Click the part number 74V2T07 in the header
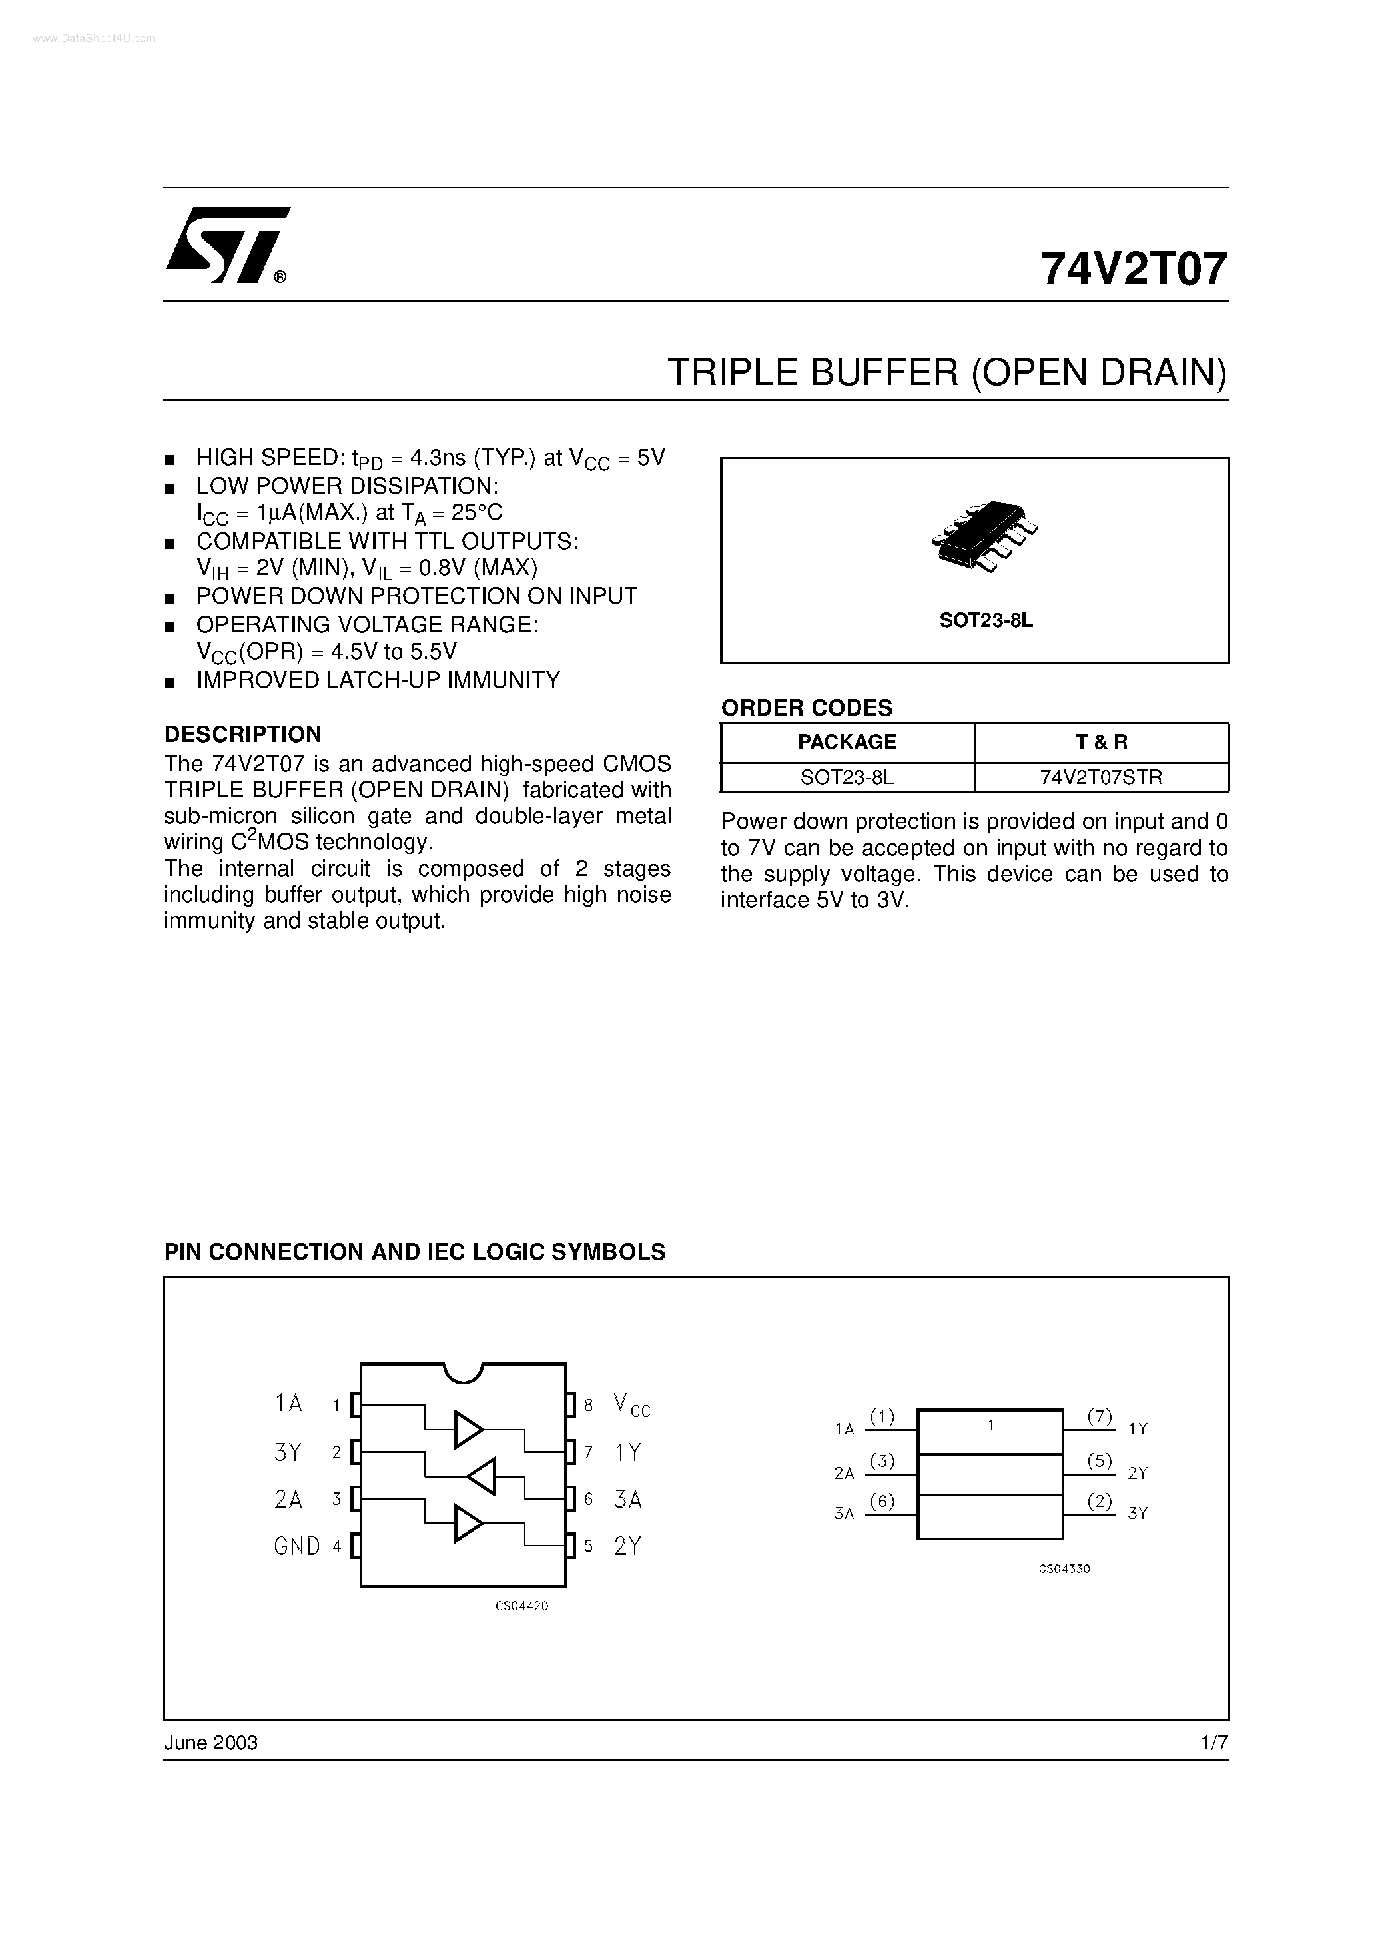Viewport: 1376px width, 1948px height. (x=1134, y=270)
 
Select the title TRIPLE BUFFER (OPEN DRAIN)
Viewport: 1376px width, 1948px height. (x=946, y=372)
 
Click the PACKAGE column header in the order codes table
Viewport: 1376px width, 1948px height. (x=847, y=742)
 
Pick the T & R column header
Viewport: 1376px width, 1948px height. (x=1101, y=742)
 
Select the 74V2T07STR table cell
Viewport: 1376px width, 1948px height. (x=1101, y=777)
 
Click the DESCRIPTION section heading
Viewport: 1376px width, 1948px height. (x=242, y=734)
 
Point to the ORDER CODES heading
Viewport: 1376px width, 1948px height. (x=806, y=708)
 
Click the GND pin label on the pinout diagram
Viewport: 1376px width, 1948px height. (x=297, y=1547)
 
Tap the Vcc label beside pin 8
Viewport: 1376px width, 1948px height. (x=631, y=1405)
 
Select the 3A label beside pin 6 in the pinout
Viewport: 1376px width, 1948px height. (x=628, y=1500)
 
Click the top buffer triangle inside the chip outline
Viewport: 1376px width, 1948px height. (x=468, y=1430)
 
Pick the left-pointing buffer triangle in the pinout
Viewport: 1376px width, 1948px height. (x=481, y=1476)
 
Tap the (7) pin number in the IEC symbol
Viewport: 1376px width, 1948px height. (x=1100, y=1416)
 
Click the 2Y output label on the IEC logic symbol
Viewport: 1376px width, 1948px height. (x=1138, y=1474)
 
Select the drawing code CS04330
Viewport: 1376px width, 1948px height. (x=1064, y=1569)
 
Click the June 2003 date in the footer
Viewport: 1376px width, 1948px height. (x=210, y=1743)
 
